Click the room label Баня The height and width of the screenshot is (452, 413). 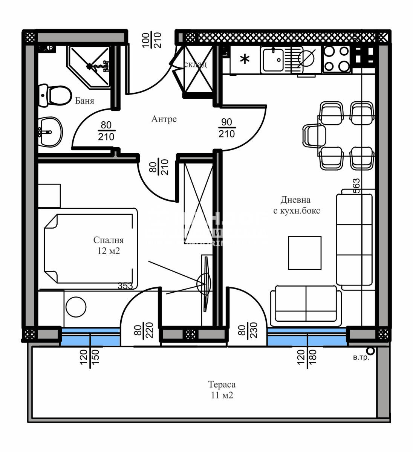click(x=84, y=101)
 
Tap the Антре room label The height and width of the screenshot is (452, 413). click(x=164, y=119)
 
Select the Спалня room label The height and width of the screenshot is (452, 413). click(x=109, y=240)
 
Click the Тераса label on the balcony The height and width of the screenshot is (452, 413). click(x=222, y=385)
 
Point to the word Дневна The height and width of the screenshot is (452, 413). click(x=295, y=200)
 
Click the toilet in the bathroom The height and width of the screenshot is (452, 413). click(x=55, y=95)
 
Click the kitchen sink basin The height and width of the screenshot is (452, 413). click(x=273, y=59)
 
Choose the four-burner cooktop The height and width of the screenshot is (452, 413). click(x=336, y=59)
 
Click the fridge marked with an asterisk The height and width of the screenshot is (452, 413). click(x=245, y=59)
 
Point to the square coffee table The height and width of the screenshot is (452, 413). click(x=305, y=253)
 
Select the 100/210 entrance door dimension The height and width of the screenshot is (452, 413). click(x=152, y=40)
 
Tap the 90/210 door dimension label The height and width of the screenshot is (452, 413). click(x=226, y=128)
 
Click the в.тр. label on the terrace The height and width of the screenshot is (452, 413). click(x=361, y=357)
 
